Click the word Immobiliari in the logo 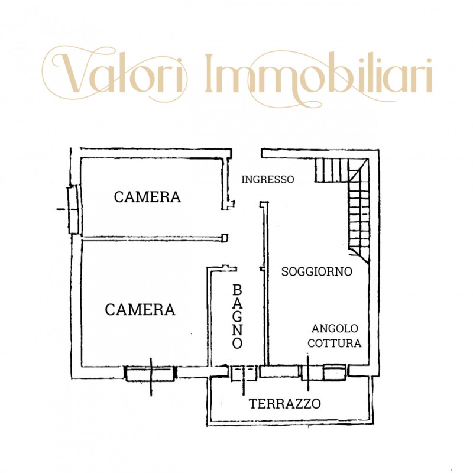(318, 73)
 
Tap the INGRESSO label (268, 180)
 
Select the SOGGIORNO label (317, 271)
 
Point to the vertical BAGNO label (238, 316)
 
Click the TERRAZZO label (285, 404)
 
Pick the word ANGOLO (335, 328)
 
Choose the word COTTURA (335, 343)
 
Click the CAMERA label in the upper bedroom (147, 197)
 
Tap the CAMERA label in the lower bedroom (140, 309)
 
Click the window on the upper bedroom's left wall (73, 209)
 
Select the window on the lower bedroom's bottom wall (151, 374)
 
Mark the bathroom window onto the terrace (244, 373)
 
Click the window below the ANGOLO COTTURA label (323, 372)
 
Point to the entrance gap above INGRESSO (247, 153)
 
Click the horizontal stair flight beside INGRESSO (332, 170)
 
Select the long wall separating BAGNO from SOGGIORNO (266, 284)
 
